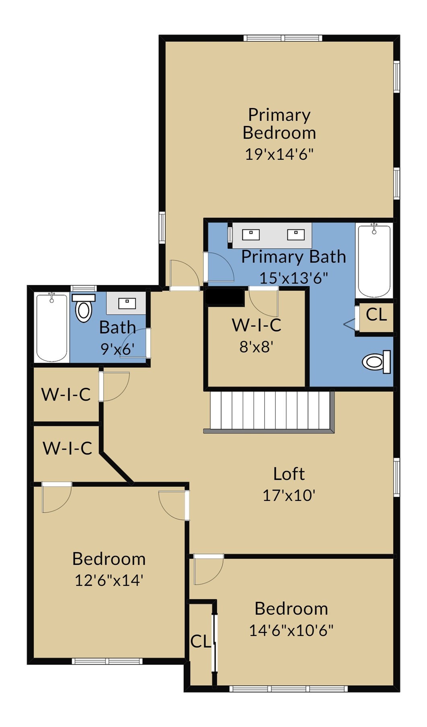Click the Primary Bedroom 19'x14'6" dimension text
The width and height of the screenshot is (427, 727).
279,154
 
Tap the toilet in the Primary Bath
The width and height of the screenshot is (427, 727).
377,362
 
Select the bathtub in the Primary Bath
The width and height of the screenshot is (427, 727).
374,260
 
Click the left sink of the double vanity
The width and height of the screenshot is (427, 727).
251,234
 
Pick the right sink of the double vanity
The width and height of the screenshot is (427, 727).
296,234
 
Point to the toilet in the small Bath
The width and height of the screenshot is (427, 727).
84,308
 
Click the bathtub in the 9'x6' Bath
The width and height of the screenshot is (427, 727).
51,328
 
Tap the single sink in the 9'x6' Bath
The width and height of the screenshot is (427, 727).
127,303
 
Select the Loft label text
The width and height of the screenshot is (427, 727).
289,474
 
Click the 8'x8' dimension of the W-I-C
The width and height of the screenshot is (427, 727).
257,346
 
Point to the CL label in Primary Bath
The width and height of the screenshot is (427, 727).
376,314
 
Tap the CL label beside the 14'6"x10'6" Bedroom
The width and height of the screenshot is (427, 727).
201,642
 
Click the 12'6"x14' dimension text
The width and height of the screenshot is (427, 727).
109,580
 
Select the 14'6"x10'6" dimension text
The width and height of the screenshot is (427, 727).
291,630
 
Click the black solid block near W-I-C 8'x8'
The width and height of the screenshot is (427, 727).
225,298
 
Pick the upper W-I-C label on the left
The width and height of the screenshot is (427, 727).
66,394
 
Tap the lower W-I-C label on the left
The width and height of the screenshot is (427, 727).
68,448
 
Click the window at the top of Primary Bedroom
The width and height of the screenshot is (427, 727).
283,38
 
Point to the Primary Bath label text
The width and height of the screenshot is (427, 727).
294,257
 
